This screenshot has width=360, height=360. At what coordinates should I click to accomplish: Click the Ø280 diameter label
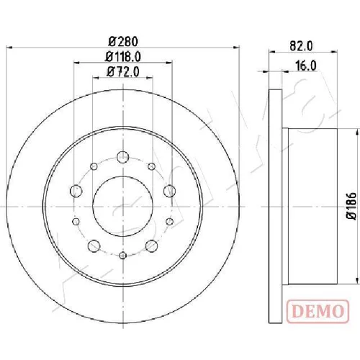coord(123,41)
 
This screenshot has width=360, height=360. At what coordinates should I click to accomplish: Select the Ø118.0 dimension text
coord(123,57)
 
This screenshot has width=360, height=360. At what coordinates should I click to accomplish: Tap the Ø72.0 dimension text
coord(123,71)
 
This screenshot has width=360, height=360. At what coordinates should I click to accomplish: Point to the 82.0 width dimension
coord(301,45)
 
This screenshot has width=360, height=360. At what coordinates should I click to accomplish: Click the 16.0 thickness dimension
coord(306,66)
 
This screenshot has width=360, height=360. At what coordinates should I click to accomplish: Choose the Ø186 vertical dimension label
coord(351,205)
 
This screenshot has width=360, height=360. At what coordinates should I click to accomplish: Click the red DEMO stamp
coord(318,311)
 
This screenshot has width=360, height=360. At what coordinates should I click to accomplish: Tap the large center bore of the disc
coord(122,207)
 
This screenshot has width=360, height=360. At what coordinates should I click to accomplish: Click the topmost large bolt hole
coord(122,158)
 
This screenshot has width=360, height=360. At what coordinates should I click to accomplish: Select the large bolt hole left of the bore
coord(76,192)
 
